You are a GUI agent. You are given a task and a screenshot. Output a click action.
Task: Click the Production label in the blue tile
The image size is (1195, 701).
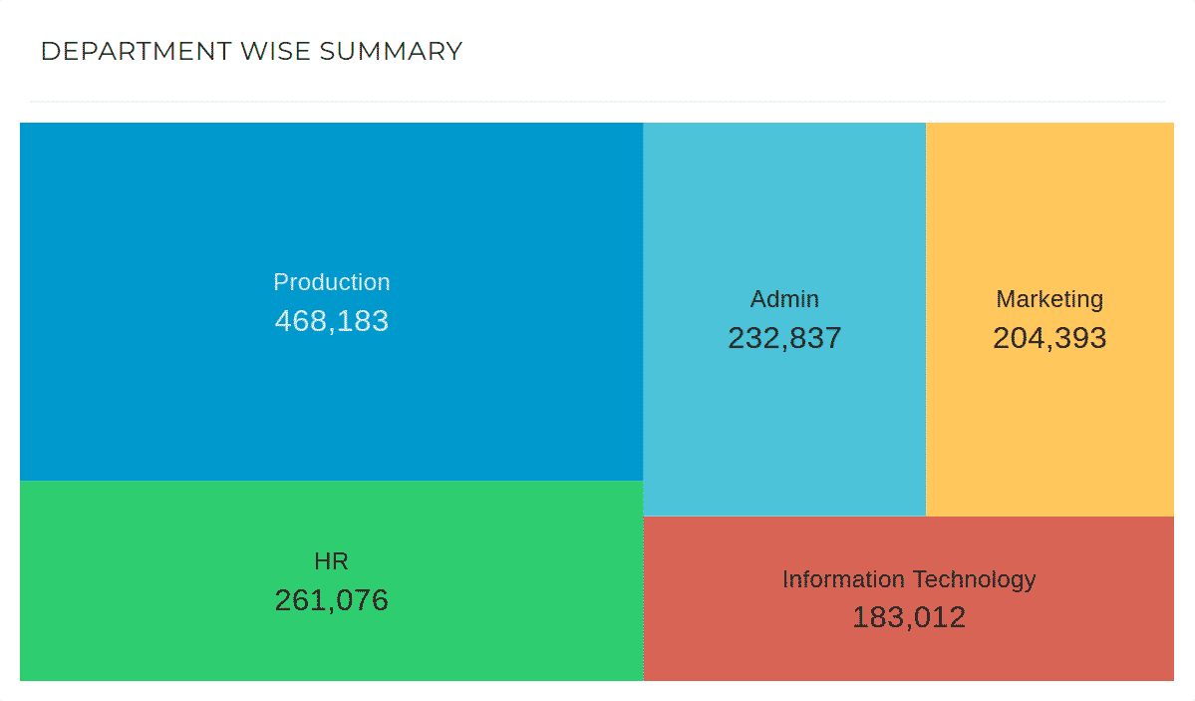pos(331,282)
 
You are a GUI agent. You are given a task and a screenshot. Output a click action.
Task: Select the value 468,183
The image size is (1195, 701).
pos(331,321)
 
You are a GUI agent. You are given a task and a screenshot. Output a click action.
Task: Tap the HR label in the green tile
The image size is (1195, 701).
pos(331,561)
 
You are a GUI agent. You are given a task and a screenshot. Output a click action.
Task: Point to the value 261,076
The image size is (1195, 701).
pos(331,600)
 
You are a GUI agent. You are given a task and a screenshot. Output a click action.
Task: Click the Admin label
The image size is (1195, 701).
pos(784,299)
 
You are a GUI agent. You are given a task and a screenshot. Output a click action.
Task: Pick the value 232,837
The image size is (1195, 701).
pos(784,338)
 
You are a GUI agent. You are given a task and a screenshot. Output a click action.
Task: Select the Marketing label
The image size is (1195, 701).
pos(1049,299)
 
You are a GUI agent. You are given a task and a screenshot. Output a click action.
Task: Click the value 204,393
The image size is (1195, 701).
pos(1049,338)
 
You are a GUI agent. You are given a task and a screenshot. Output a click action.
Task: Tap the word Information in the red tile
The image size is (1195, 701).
pos(843,579)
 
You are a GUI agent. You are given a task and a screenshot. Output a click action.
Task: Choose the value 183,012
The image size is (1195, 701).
pos(908,617)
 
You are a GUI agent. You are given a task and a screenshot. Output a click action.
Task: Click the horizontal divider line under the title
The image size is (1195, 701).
pos(597,102)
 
